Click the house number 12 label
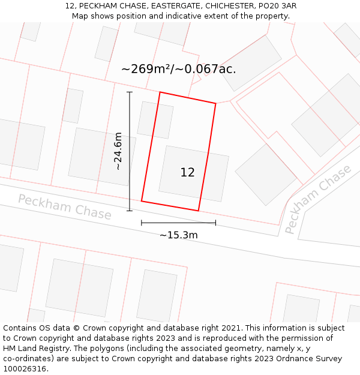pyautogui.click(x=187, y=173)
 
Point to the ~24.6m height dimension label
pyautogui.click(x=118, y=151)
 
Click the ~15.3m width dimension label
pyautogui.click(x=178, y=235)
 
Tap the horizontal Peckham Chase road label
pyautogui.click(x=64, y=207)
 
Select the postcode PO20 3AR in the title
pyautogui.click(x=277, y=6)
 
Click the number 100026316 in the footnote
pyautogui.click(x=25, y=368)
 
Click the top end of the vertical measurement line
pyautogui.click(x=130, y=92)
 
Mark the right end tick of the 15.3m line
pyautogui.click(x=215, y=223)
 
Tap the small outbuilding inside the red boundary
pyautogui.click(x=155, y=120)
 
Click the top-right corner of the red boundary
pyautogui.click(x=215, y=103)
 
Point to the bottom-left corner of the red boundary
pyautogui.click(x=142, y=200)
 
